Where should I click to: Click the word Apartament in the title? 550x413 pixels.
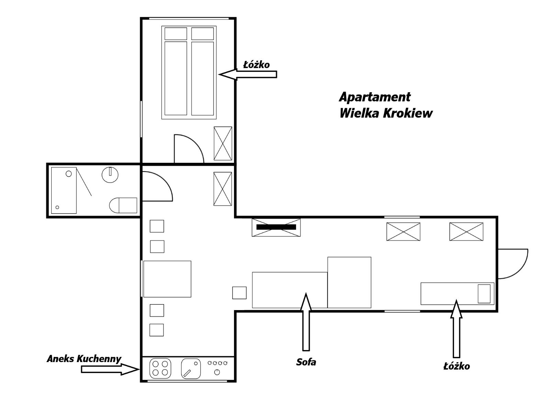(x=375, y=97)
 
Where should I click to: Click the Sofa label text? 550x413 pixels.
(x=306, y=362)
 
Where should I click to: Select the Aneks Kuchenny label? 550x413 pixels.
(x=84, y=359)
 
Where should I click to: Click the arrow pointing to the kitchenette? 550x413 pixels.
(x=110, y=369)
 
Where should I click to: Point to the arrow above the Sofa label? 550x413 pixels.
(x=306, y=322)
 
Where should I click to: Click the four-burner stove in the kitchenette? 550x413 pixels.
(x=160, y=368)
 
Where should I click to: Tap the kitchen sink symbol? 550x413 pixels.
(x=191, y=368)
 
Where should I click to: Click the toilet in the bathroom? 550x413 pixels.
(x=123, y=205)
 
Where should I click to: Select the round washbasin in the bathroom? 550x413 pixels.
(x=110, y=175)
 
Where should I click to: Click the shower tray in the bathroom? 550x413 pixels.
(x=64, y=190)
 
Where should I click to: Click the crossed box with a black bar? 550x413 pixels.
(x=276, y=227)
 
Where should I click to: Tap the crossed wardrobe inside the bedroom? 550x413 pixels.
(x=223, y=144)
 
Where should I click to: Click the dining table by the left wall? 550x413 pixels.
(x=167, y=279)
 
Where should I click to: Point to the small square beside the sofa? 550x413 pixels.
(x=239, y=293)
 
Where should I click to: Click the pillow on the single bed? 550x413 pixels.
(x=484, y=294)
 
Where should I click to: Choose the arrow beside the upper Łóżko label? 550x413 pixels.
(x=248, y=74)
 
